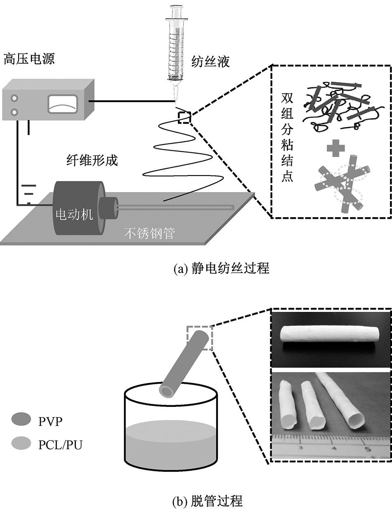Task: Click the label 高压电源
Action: tap(29, 59)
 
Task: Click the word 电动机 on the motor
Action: tap(75, 214)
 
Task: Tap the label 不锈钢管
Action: tap(149, 234)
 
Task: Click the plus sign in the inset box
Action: tap(335, 148)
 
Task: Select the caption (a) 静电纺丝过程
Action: tap(221, 269)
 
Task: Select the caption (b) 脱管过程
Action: tap(207, 501)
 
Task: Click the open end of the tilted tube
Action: tap(167, 391)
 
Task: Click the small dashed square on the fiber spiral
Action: tap(184, 117)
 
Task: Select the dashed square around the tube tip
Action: tap(200, 337)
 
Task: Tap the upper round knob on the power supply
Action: tap(15, 98)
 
